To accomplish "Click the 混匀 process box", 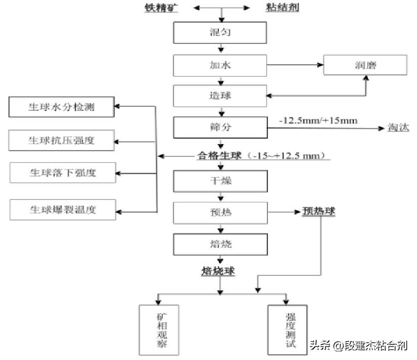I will coord(220,33).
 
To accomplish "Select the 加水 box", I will coord(220,65).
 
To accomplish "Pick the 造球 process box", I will coord(220,96).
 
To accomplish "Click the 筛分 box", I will coord(220,127).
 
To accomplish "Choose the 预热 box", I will coord(220,213).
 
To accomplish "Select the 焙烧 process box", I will coord(220,244).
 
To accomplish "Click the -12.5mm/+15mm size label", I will coord(319,120).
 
